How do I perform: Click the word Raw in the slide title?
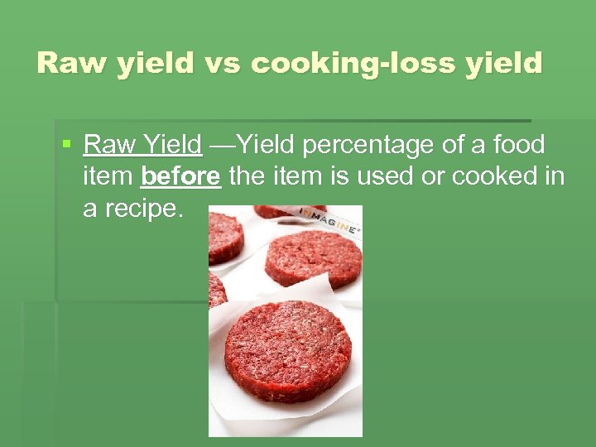(67, 63)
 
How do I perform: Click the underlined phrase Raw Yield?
(142, 146)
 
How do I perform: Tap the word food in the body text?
(519, 146)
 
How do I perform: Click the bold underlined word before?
(181, 176)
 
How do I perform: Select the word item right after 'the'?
(301, 176)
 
